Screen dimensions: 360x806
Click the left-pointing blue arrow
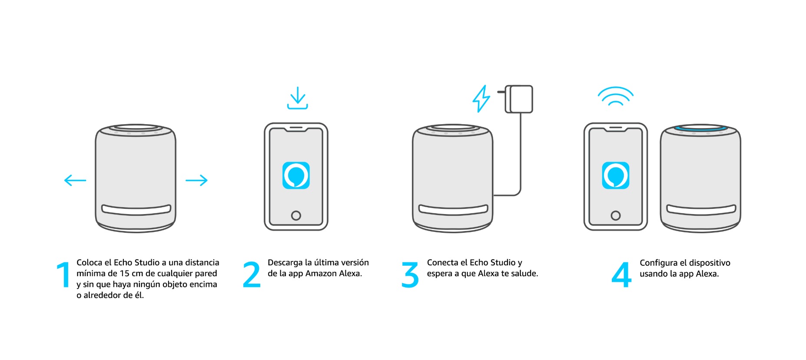click(75, 180)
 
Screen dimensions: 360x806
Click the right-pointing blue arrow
click(196, 180)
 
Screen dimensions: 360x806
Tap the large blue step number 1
click(64, 274)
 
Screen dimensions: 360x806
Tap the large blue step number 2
click(252, 274)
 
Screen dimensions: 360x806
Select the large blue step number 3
click(410, 274)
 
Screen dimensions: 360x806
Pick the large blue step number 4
click(621, 274)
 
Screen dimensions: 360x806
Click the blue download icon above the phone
click(298, 98)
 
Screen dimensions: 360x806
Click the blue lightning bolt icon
click(481, 99)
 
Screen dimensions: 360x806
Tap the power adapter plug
click(519, 99)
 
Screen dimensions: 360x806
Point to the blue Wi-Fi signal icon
click(615, 96)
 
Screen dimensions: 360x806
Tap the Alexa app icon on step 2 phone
click(296, 175)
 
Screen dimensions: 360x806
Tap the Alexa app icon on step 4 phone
click(615, 175)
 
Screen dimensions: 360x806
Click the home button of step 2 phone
click(296, 215)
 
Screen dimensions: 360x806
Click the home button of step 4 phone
click(615, 215)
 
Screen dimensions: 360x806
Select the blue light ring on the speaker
click(700, 129)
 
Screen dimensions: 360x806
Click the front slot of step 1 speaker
click(136, 210)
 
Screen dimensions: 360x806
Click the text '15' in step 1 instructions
click(125, 274)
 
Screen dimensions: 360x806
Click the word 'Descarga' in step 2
click(285, 263)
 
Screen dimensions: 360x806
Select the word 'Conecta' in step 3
click(442, 263)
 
